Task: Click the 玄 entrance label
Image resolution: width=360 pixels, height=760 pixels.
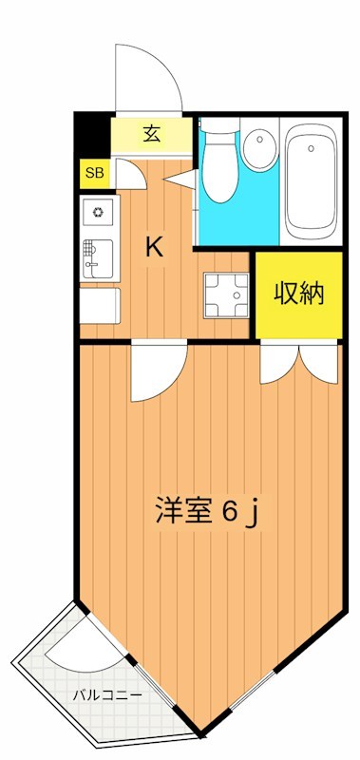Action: (x=151, y=133)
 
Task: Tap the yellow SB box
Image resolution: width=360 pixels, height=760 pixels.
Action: (x=93, y=172)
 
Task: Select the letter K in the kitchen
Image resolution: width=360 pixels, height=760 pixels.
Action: (x=154, y=248)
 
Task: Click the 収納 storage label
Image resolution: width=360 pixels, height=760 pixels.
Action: (x=300, y=294)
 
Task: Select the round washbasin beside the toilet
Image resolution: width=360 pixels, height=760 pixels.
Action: (x=256, y=147)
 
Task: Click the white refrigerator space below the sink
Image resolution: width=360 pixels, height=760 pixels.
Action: (x=99, y=306)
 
